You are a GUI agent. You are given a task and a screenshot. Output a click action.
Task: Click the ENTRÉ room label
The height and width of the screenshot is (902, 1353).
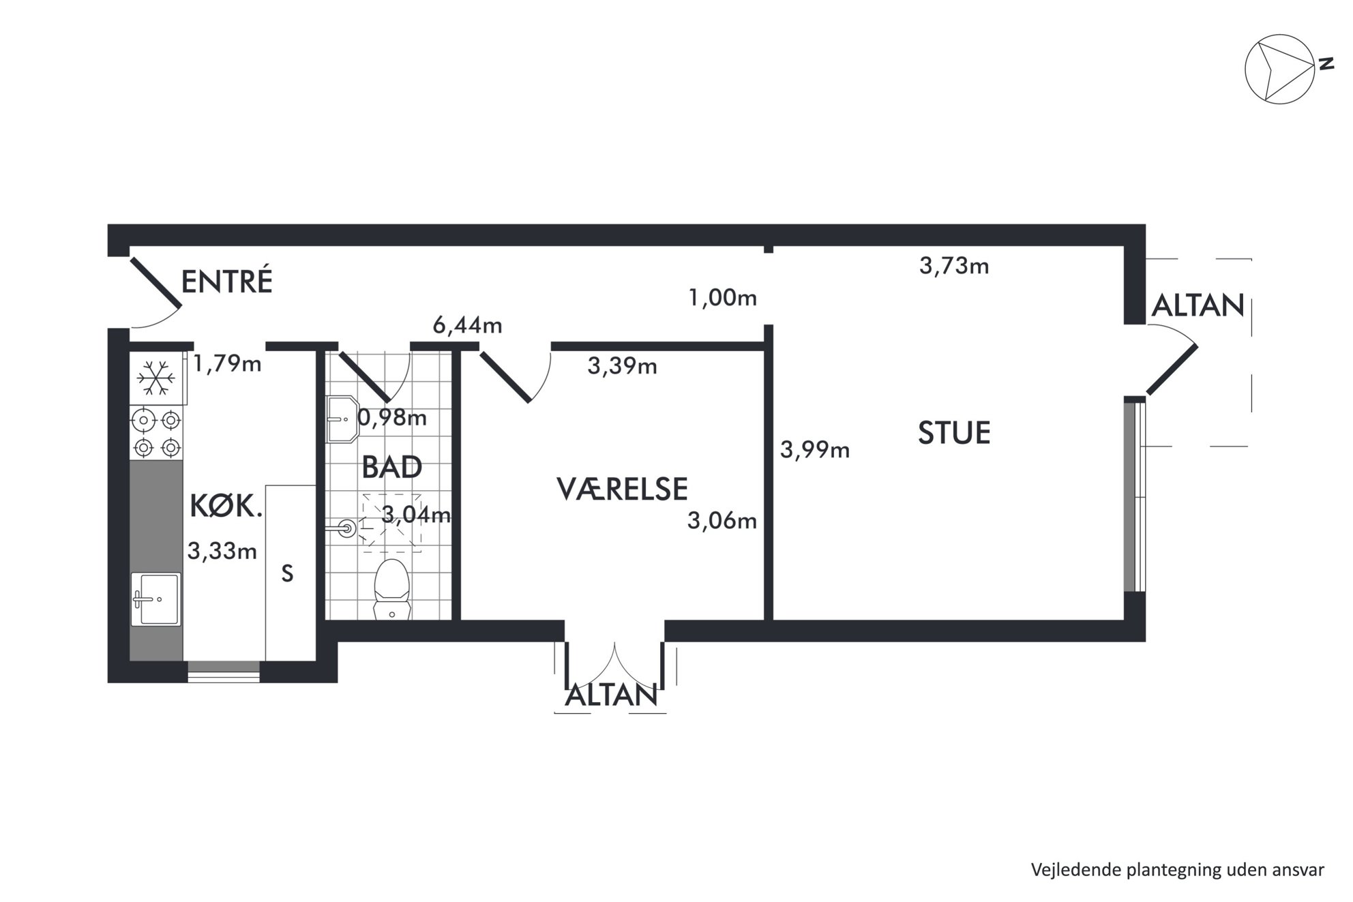(226, 281)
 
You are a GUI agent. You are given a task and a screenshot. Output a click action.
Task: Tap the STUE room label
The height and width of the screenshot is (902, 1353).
(954, 433)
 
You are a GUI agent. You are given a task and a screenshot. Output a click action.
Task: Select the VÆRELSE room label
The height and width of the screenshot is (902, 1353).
(622, 489)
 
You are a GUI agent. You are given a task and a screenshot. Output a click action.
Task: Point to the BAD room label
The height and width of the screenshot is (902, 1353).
(391, 468)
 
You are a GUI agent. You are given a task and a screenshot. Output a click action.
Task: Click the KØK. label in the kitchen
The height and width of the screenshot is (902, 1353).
(226, 507)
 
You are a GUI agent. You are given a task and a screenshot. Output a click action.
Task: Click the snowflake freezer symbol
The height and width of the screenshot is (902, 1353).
(156, 378)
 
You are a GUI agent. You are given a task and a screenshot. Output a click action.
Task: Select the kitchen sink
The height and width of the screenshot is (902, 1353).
(156, 599)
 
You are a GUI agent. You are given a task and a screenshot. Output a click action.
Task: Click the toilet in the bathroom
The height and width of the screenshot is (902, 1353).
(391, 589)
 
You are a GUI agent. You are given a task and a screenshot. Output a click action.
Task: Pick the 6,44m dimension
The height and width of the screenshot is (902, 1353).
(468, 326)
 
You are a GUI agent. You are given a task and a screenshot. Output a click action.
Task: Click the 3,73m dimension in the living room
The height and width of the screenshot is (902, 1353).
(954, 266)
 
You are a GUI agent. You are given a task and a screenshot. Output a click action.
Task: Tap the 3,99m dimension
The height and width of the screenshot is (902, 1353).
(815, 450)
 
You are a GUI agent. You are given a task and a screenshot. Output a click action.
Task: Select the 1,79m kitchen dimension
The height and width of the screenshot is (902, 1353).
(227, 363)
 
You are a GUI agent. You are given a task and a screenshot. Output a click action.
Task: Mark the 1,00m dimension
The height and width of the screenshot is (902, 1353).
(723, 298)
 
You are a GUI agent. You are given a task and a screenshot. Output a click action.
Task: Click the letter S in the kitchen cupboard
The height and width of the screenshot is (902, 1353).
(288, 574)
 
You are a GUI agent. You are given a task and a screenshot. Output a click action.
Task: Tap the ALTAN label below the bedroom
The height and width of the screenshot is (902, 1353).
(612, 695)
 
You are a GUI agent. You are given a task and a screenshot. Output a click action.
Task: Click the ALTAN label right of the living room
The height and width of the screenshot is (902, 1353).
(1198, 305)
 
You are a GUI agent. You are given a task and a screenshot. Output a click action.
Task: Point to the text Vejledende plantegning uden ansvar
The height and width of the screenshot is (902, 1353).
(1178, 870)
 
